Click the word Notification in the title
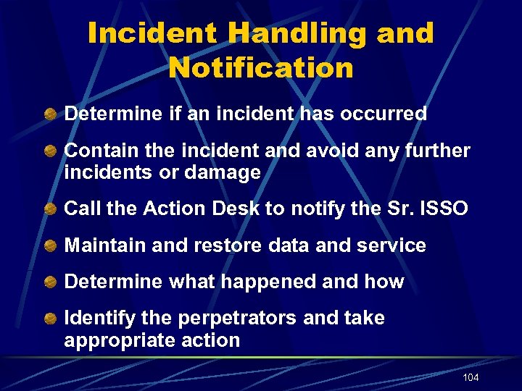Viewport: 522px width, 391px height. pos(261,68)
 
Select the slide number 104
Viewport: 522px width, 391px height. pos(471,378)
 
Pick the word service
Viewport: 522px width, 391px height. pos(391,245)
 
